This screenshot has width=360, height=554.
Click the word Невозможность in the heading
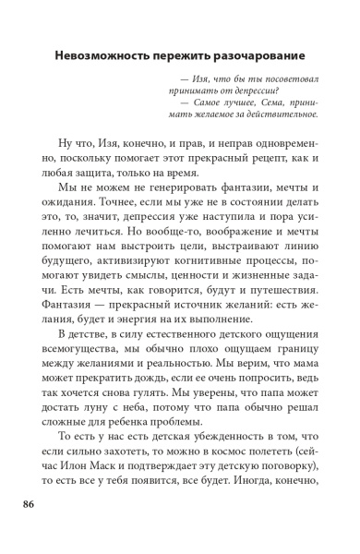coord(101,53)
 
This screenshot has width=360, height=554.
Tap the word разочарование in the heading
coord(267,53)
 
